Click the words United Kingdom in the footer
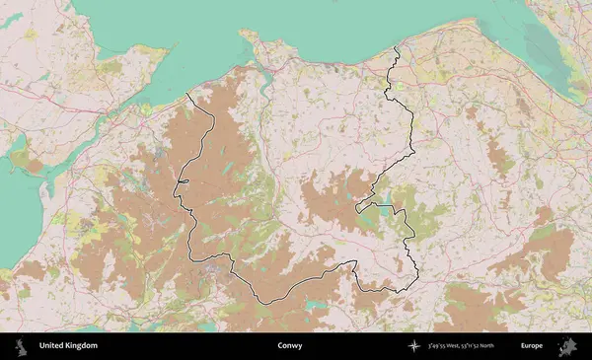point(68,346)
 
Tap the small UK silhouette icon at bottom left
point(19,346)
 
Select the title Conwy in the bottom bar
point(290,346)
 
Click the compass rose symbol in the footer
point(414,346)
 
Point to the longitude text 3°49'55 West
point(450,346)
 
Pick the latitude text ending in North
point(493,346)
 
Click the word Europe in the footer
point(532,346)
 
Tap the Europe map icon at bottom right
point(569,346)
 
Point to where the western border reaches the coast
point(188,94)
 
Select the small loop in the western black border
point(182,182)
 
